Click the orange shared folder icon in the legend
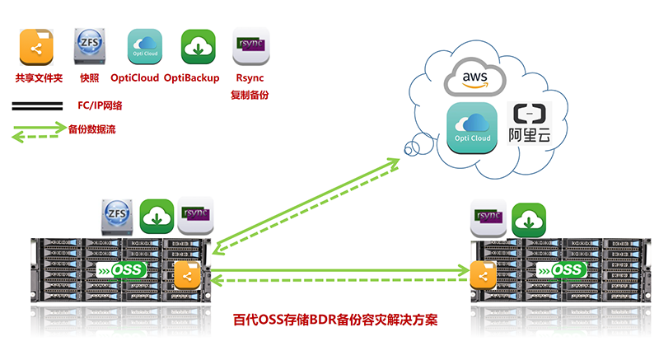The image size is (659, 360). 37,47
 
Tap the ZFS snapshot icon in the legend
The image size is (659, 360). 90,47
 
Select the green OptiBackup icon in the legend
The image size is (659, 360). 199,47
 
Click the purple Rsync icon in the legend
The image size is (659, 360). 250,47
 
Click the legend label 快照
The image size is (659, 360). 90,78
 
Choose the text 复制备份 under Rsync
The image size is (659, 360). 250,96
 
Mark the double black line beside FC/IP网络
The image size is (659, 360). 37,105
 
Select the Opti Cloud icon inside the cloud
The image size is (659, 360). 472,129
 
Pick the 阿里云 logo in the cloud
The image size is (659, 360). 530,125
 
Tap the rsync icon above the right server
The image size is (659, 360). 488,218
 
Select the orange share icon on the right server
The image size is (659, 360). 482,273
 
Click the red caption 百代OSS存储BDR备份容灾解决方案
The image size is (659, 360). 332,318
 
